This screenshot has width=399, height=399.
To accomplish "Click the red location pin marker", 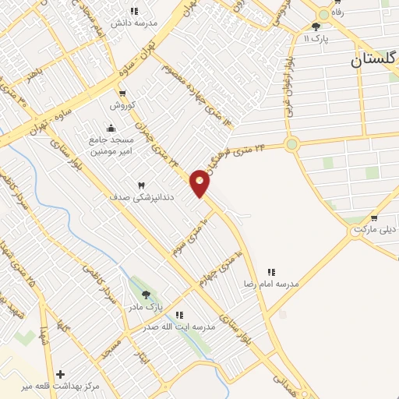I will click(199, 183).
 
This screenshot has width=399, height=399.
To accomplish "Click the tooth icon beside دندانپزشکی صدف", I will click(142, 185).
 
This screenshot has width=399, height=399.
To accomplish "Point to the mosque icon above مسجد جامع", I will click(111, 128).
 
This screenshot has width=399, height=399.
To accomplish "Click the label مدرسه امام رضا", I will click(271, 284).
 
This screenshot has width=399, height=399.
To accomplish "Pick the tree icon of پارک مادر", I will click(146, 295).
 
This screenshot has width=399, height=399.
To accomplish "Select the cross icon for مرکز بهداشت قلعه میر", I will click(60, 374).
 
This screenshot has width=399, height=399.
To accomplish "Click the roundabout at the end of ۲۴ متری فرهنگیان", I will click(292, 143).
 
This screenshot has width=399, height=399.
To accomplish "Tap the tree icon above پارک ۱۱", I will click(315, 26).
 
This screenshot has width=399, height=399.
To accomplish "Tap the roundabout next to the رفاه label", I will click(323, 14).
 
